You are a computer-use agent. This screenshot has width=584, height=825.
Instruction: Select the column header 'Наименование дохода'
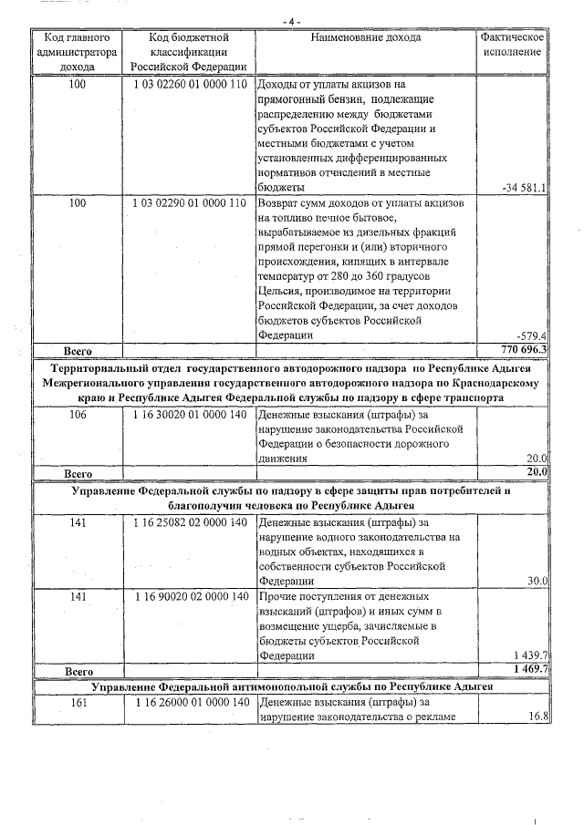(x=365, y=38)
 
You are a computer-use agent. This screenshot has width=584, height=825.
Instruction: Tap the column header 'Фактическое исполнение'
(x=513, y=45)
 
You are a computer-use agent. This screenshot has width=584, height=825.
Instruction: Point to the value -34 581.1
(x=524, y=188)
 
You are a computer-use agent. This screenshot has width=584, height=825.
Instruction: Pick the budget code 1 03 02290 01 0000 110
(x=189, y=203)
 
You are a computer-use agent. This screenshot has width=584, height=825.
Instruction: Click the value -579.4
(x=530, y=335)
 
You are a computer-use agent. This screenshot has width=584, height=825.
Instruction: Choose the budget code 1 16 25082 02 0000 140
(x=189, y=523)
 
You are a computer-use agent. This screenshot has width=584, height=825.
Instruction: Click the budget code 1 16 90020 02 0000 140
(x=189, y=597)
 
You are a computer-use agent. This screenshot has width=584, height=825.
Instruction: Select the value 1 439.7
(x=529, y=655)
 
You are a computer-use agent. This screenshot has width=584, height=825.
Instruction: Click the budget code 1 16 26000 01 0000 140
(x=189, y=703)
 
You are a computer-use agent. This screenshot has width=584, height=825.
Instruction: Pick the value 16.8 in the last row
(x=537, y=717)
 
